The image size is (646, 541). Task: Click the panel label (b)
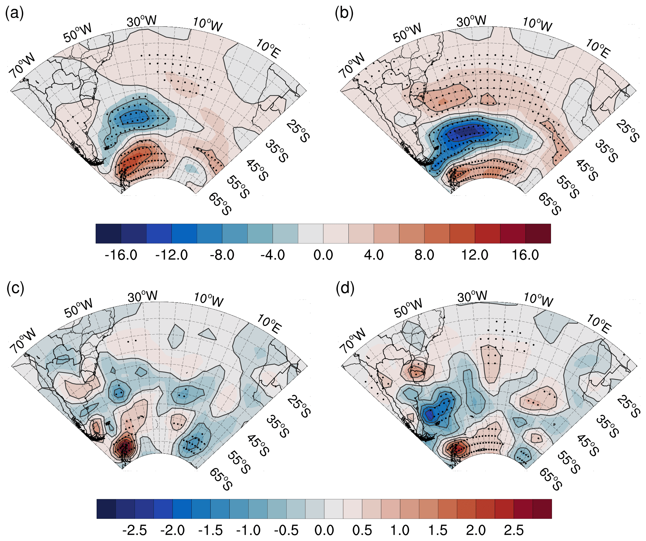click(x=344, y=14)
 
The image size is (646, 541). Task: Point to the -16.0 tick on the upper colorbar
click(x=121, y=255)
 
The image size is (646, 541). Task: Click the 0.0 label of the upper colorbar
click(x=323, y=255)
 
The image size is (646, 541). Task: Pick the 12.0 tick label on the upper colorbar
click(x=475, y=255)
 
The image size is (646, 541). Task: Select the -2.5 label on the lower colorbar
click(x=135, y=530)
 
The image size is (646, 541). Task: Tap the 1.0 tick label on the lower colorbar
click(x=400, y=530)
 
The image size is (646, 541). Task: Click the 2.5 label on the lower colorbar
click(x=514, y=530)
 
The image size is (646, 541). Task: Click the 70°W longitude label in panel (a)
click(x=22, y=65)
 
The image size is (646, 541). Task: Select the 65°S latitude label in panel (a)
click(x=220, y=204)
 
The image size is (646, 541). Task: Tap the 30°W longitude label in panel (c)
click(x=142, y=296)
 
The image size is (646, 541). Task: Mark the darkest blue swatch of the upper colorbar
click(x=108, y=233)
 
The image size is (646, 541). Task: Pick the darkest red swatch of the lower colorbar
click(x=542, y=509)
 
